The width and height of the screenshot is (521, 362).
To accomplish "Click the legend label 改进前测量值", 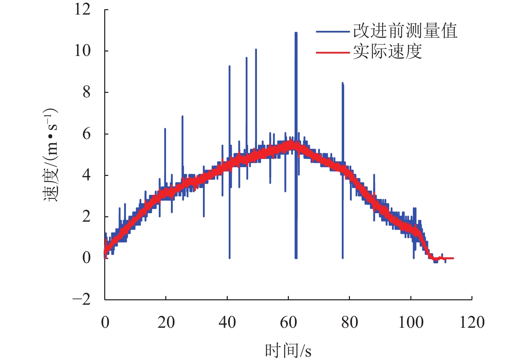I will (405, 31).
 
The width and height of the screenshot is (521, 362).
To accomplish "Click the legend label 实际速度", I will (387, 52).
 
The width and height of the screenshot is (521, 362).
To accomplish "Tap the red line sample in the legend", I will (333, 53).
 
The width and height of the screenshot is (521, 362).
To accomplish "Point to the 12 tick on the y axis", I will (82, 9).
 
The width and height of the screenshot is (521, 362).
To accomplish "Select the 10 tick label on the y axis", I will (82, 51).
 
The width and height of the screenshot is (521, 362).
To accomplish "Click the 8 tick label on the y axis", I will (87, 92).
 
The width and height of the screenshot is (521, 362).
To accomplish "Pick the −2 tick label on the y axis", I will (82, 299).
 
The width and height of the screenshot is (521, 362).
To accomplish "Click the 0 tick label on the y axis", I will (87, 258).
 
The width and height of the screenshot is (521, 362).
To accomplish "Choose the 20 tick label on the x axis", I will (166, 322).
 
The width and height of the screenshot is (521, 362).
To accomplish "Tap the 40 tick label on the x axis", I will (227, 322).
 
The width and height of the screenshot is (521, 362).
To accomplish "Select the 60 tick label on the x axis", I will (288, 322).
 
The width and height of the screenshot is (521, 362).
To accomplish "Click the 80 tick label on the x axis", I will (349, 322).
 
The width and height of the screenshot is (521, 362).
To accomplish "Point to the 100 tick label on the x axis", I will (411, 322).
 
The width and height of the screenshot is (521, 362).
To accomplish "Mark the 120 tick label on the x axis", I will (472, 322).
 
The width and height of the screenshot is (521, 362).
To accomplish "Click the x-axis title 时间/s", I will (288, 350).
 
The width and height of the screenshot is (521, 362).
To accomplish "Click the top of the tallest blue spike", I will (296, 33).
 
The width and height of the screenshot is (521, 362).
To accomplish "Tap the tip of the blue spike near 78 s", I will (342, 83).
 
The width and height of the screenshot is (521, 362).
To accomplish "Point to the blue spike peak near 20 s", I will (165, 129).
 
